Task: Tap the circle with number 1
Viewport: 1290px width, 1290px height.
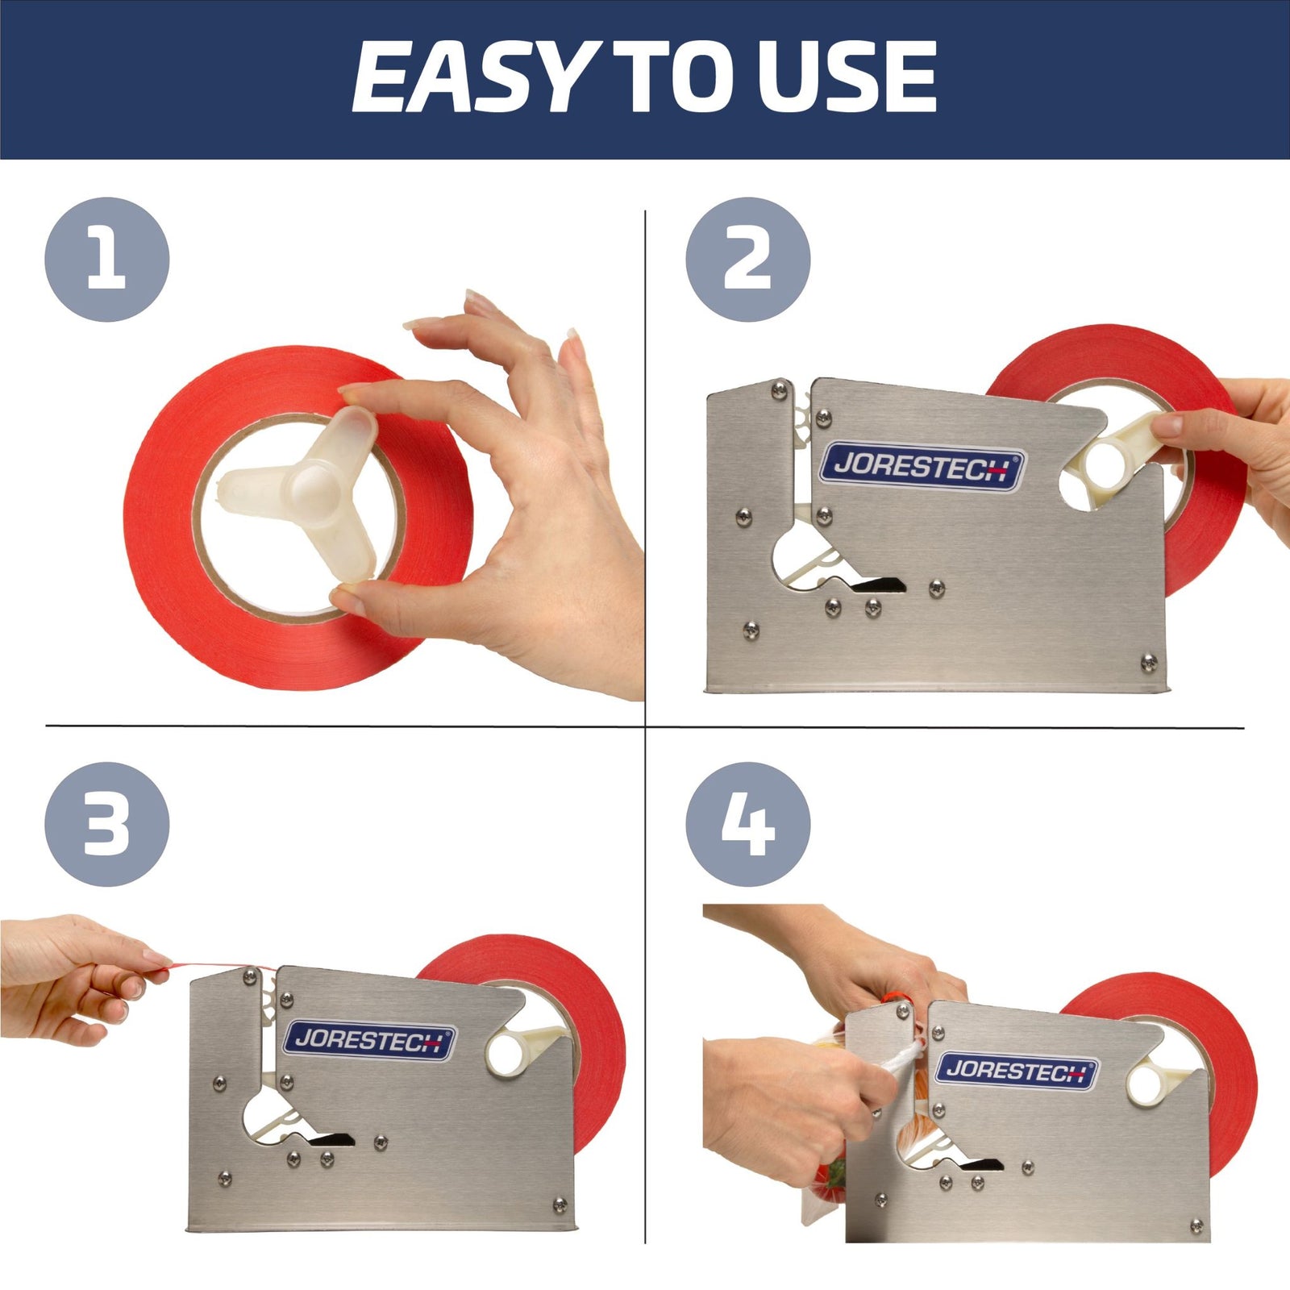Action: [x=106, y=260]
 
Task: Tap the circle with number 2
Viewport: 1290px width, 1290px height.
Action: [x=747, y=260]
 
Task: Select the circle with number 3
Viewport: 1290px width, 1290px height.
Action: [x=106, y=824]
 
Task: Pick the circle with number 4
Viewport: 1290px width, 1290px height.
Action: [x=747, y=824]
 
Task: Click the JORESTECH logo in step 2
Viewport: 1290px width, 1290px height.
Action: [x=922, y=467]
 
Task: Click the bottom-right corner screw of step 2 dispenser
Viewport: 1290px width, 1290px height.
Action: [x=1148, y=663]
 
